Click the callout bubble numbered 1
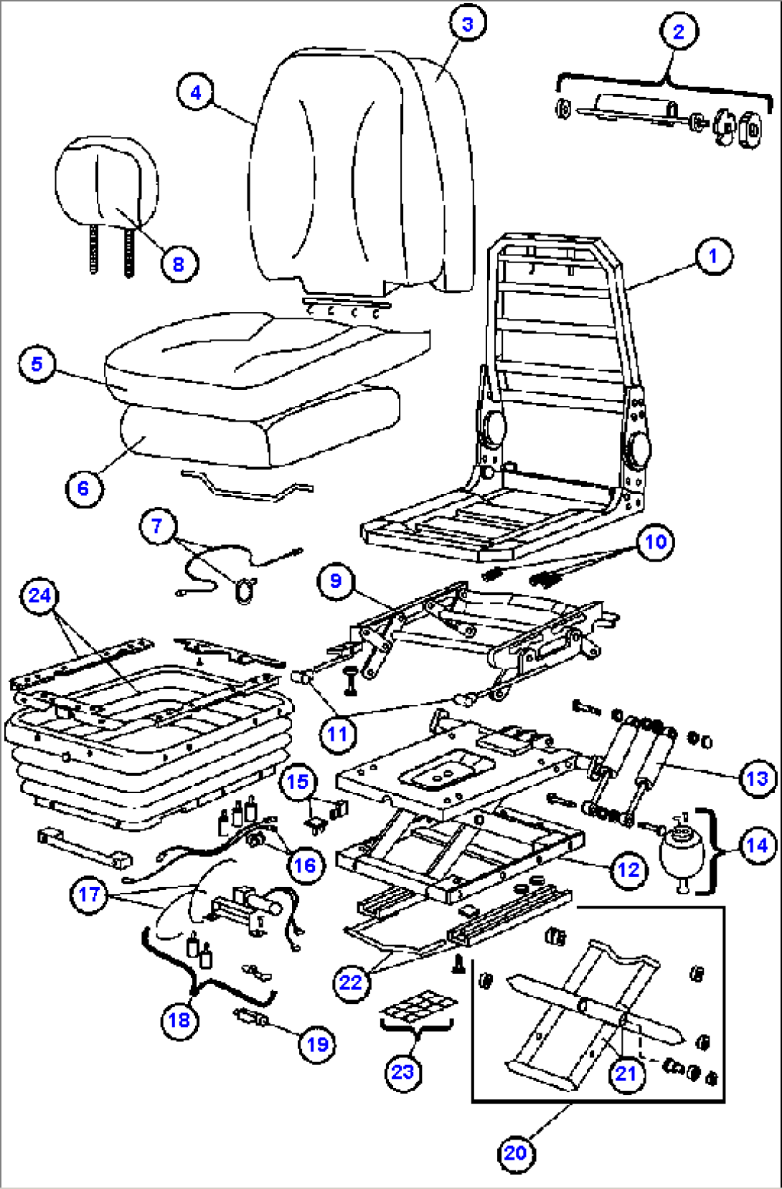[712, 256]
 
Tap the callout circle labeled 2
[678, 32]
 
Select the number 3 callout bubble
[468, 24]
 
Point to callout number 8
[178, 264]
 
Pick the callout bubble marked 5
[37, 364]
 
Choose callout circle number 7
[158, 526]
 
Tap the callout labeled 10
[656, 541]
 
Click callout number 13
[757, 779]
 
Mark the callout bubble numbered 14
[757, 846]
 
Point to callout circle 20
[515, 1153]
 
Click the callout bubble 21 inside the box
[626, 1074]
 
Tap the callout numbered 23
[402, 1072]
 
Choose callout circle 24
[40, 595]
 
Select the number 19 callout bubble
[317, 1044]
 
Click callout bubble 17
[89, 894]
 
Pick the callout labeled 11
[337, 734]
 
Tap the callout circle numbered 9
[336, 580]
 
